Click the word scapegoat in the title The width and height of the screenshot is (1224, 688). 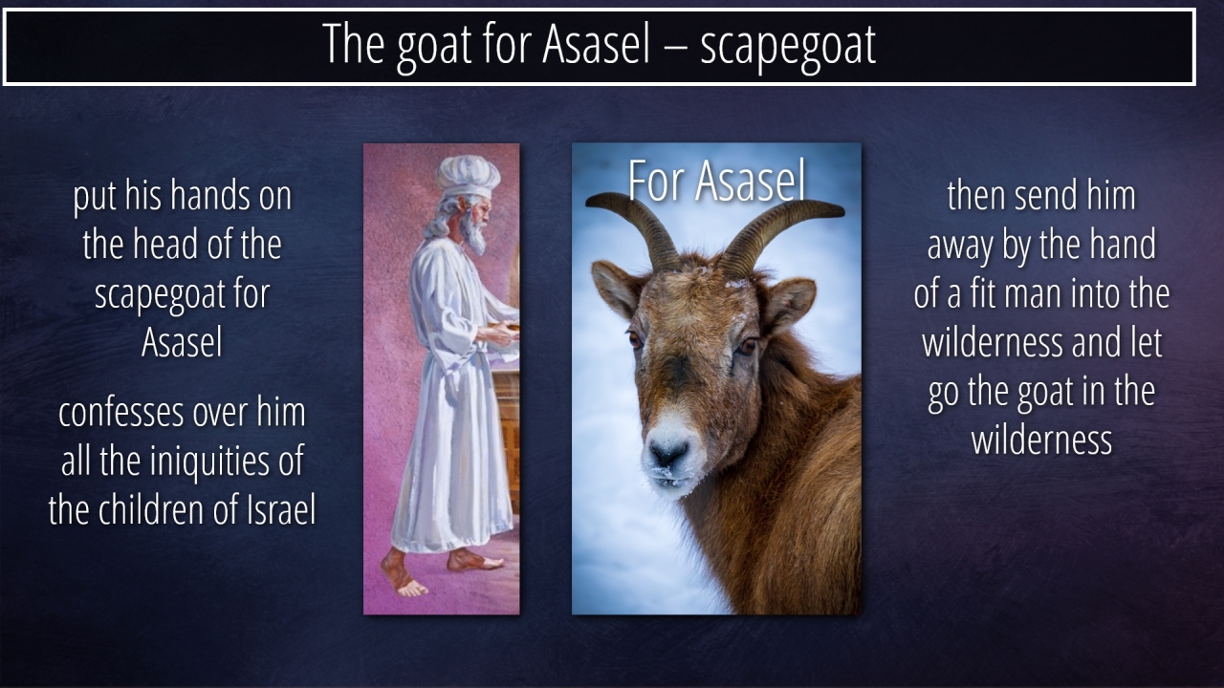point(788,47)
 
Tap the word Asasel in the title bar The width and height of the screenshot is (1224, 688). point(596,44)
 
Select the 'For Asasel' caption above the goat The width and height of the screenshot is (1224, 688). point(716,181)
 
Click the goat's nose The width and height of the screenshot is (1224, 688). point(667,452)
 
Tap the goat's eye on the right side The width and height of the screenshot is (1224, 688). point(747,346)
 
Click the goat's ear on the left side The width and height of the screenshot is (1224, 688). point(617,290)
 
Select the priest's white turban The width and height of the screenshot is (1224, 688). point(468,177)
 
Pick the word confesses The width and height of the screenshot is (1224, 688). point(120,414)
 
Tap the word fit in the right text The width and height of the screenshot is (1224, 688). point(984,293)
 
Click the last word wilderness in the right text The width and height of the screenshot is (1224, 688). point(1041,441)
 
